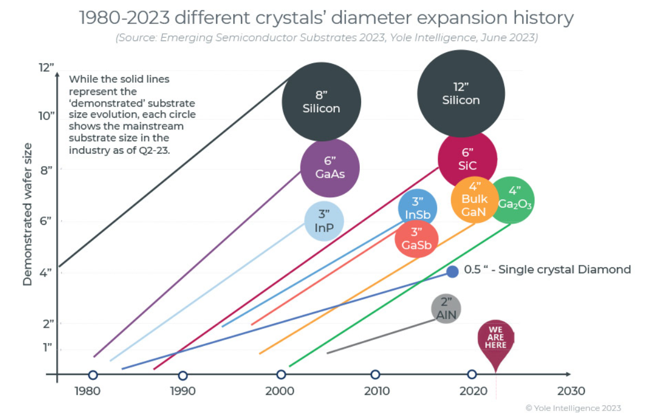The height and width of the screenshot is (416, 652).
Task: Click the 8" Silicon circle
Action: pos(321,102)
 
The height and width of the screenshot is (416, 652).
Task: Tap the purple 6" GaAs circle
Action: pos(330,168)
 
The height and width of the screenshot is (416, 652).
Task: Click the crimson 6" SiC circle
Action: pos(467,159)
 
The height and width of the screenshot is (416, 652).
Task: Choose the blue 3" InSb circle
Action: pos(418,208)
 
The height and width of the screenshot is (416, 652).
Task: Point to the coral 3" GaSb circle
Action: pos(417,239)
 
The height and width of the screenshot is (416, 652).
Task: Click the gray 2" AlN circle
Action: pos(446,309)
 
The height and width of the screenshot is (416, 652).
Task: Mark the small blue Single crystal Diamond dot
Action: pos(453,271)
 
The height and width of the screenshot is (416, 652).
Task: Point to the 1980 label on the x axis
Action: pos(86,391)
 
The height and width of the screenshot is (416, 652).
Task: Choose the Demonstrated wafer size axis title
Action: pos(27,214)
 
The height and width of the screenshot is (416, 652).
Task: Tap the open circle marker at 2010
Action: pos(375,375)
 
